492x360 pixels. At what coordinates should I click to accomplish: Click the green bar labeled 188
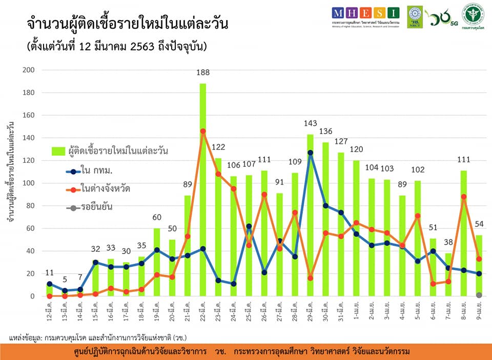click(x=203, y=189)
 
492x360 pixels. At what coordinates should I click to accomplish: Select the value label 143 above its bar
click(x=310, y=123)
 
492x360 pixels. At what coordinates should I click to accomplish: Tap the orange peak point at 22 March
click(x=203, y=131)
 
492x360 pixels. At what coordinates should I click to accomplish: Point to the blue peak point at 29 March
click(x=310, y=153)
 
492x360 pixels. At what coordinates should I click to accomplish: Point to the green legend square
click(x=58, y=151)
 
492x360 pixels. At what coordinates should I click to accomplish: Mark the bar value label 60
click(x=157, y=219)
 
